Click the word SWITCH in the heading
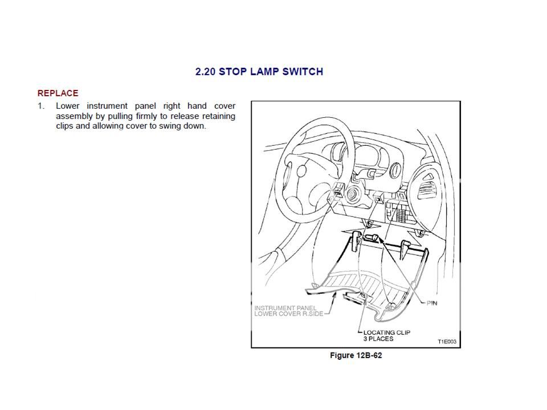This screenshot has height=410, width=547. pyautogui.click(x=304, y=72)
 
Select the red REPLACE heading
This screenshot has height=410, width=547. pyautogui.click(x=58, y=93)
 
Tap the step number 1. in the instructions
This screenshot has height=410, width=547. pyautogui.click(x=41, y=106)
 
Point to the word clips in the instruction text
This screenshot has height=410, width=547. pyautogui.click(x=65, y=126)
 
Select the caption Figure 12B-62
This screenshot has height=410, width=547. pyautogui.click(x=356, y=356)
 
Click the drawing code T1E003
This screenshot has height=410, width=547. pyautogui.click(x=447, y=342)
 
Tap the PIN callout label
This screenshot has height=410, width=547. pyautogui.click(x=431, y=303)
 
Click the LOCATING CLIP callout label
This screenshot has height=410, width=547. pyautogui.click(x=386, y=333)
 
